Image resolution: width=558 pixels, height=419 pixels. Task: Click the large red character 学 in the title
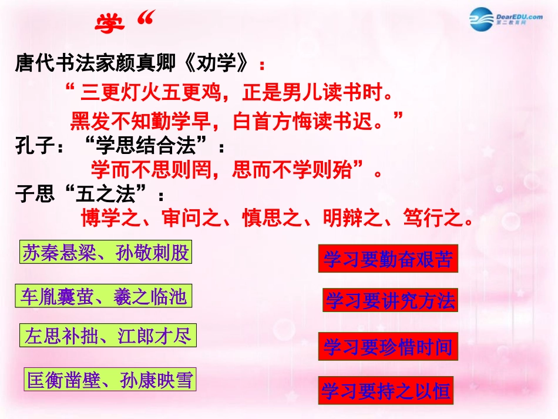point(110,23)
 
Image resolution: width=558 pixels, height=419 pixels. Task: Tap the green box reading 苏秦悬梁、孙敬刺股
point(106,253)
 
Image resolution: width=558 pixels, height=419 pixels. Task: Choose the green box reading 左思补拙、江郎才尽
point(107,337)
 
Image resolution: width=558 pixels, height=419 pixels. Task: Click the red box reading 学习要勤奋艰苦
point(388,260)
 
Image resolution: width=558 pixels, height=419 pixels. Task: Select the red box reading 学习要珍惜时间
point(388,347)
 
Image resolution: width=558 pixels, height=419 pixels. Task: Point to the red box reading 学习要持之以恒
point(386,391)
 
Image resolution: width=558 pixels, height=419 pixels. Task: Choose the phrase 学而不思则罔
point(150,170)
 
